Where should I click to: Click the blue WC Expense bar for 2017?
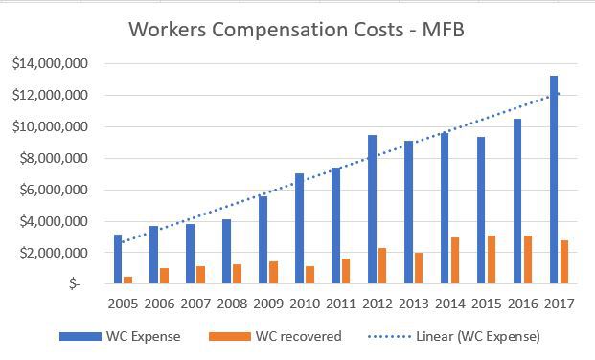point(555,180)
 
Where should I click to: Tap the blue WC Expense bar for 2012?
point(372,210)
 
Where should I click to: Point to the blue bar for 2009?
point(263,239)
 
